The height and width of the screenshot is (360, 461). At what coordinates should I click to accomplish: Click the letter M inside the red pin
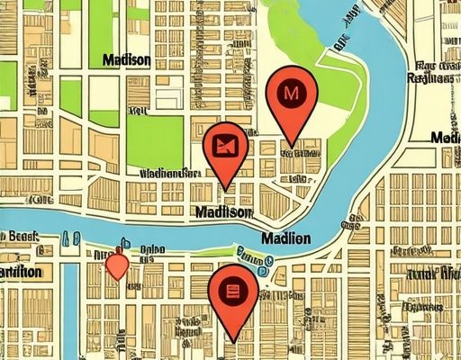pyautogui.click(x=289, y=92)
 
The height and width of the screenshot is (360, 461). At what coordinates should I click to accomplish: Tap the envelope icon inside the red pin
pyautogui.click(x=225, y=144)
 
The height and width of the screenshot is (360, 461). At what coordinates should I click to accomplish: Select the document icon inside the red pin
pyautogui.click(x=232, y=291)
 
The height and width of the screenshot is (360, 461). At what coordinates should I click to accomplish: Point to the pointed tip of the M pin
pyautogui.click(x=290, y=143)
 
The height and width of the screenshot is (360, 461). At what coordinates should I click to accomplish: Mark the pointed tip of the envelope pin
pyautogui.click(x=227, y=189)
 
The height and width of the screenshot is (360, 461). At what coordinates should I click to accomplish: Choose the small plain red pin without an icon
pyautogui.click(x=116, y=265)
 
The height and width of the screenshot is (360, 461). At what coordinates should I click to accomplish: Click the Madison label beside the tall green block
pyautogui.click(x=126, y=60)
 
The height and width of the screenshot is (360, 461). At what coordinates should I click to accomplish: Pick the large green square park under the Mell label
pyautogui.click(x=154, y=141)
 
